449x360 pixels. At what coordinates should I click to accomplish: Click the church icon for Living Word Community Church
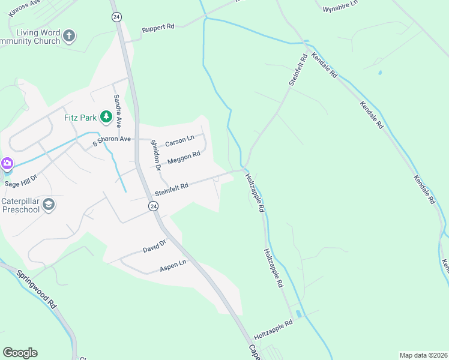pyautogui.click(x=69, y=36)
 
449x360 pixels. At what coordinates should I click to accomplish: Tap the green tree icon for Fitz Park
pyautogui.click(x=106, y=116)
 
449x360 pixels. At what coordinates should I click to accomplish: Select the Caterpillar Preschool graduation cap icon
pyautogui.click(x=49, y=205)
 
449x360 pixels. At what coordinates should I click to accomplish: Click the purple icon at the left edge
pyautogui.click(x=7, y=163)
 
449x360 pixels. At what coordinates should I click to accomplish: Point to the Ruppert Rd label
pyautogui.click(x=158, y=28)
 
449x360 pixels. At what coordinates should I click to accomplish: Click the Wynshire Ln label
pyautogui.click(x=340, y=7)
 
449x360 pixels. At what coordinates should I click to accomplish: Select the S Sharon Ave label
pyautogui.click(x=111, y=142)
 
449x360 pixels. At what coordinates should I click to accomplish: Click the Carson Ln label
pyautogui.click(x=179, y=141)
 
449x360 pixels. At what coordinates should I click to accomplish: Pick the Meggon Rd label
pyautogui.click(x=183, y=158)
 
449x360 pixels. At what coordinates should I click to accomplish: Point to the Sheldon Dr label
pyautogui.click(x=155, y=155)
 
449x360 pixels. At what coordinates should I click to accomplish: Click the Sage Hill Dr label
pyautogui.click(x=21, y=181)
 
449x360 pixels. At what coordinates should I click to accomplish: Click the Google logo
pyautogui.click(x=20, y=353)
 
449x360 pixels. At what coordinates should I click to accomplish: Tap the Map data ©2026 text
pyautogui.click(x=423, y=355)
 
